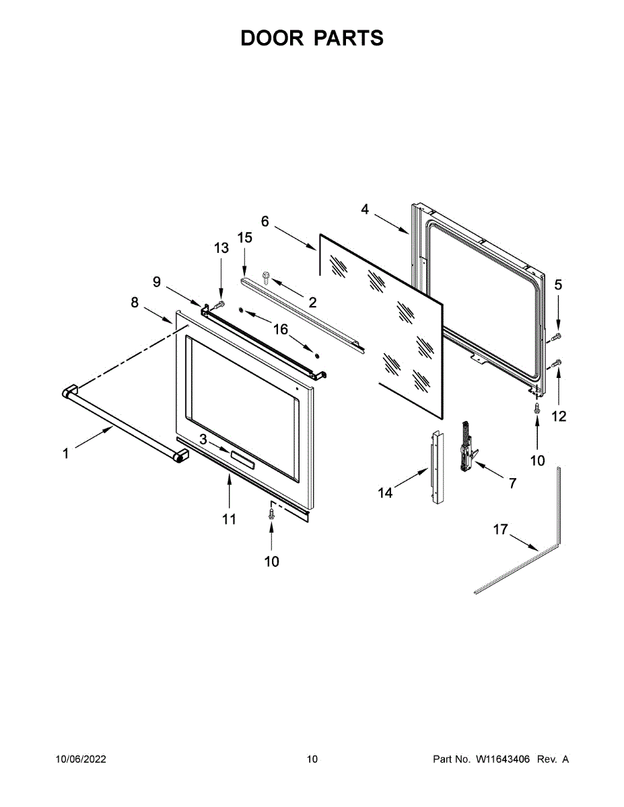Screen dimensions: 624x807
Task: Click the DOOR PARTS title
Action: [312, 38]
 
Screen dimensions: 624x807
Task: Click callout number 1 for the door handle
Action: [66, 454]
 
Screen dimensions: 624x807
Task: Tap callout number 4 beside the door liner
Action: [365, 209]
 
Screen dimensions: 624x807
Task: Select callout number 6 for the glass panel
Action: [265, 221]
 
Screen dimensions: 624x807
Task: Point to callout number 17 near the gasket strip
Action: [500, 530]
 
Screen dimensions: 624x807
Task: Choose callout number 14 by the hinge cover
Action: [385, 493]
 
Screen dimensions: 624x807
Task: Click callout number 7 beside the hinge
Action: [512, 483]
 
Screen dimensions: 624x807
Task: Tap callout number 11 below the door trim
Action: [230, 518]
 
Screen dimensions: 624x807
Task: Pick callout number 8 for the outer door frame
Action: [135, 303]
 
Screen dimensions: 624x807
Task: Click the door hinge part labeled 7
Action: [465, 447]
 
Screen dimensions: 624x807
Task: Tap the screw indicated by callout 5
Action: [557, 336]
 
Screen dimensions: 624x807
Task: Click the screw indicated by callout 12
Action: [557, 364]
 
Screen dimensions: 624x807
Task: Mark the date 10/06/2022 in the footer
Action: [81, 759]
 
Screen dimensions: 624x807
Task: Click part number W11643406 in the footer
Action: [503, 759]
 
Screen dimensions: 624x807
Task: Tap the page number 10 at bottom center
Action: [312, 759]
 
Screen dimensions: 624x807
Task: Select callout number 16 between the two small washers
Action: [280, 330]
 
